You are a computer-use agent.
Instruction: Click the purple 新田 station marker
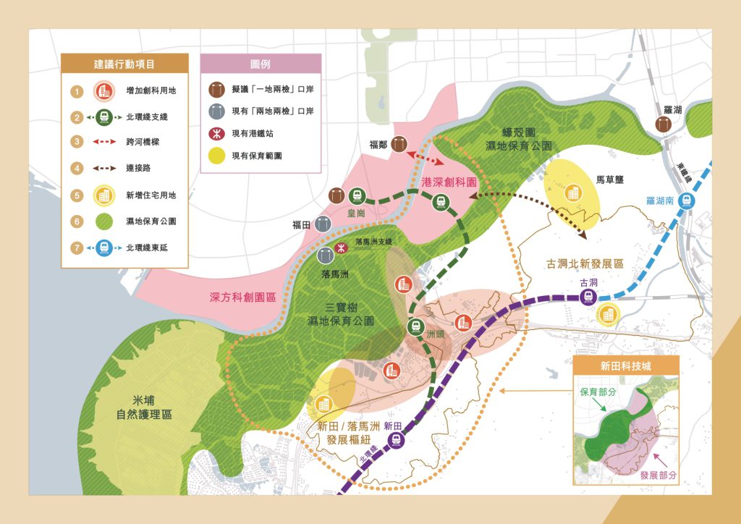pyautogui.click(x=394, y=439)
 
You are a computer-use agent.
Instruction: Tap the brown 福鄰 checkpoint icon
pyautogui.click(x=399, y=143)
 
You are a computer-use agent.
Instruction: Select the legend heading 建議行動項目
pyautogui.click(x=124, y=64)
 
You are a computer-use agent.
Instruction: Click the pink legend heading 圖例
pyautogui.click(x=260, y=64)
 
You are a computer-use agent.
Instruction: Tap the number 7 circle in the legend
pyautogui.click(x=75, y=248)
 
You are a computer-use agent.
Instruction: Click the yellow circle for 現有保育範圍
pyautogui.click(x=216, y=155)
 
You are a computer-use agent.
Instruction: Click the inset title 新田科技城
pyautogui.click(x=626, y=365)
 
